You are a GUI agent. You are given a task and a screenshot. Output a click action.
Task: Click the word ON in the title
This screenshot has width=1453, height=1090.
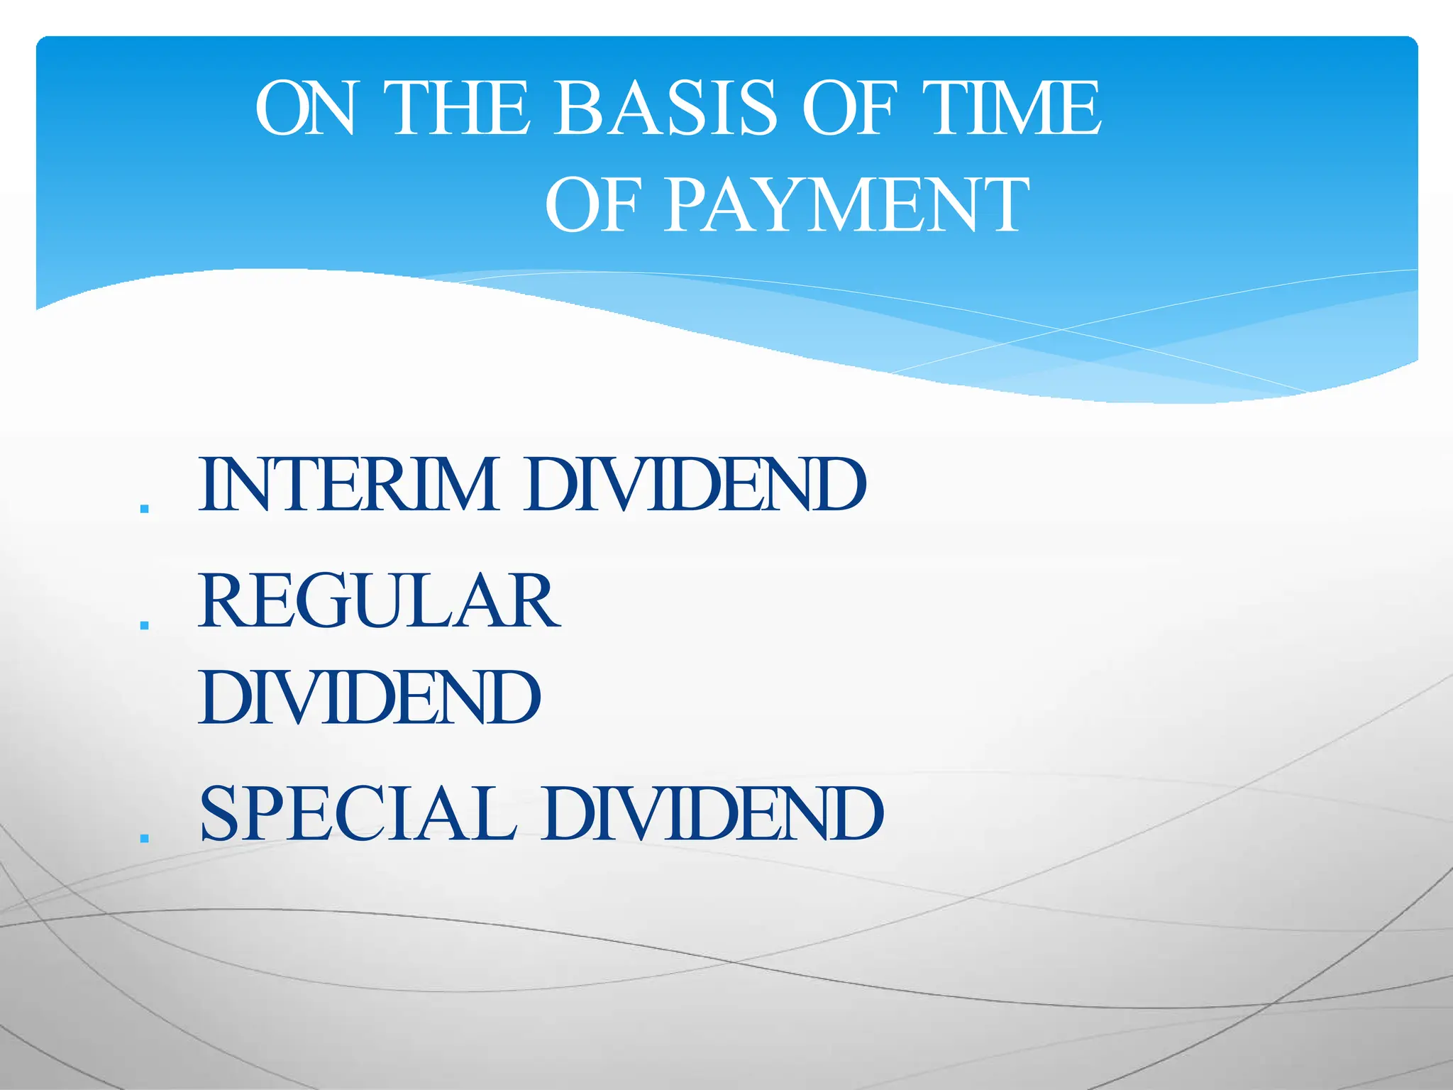click(x=305, y=108)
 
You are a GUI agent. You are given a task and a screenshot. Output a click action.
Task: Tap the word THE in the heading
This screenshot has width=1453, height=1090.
click(x=460, y=108)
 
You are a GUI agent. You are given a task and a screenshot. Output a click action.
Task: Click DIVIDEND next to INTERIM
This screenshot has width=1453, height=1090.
click(x=695, y=485)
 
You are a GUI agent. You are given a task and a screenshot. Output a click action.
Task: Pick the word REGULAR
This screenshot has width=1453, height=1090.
click(x=380, y=602)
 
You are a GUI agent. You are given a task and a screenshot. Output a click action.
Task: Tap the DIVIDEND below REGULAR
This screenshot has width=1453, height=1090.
click(x=370, y=698)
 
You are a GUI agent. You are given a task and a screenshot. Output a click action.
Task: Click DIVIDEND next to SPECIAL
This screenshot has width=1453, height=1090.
click(x=713, y=814)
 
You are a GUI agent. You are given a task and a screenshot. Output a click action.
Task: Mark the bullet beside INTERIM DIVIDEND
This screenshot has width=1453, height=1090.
click(x=145, y=509)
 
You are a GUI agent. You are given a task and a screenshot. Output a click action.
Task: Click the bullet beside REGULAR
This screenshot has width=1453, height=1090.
click(x=145, y=625)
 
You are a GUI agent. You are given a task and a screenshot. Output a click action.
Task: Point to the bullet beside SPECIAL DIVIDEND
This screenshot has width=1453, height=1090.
click(x=145, y=838)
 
